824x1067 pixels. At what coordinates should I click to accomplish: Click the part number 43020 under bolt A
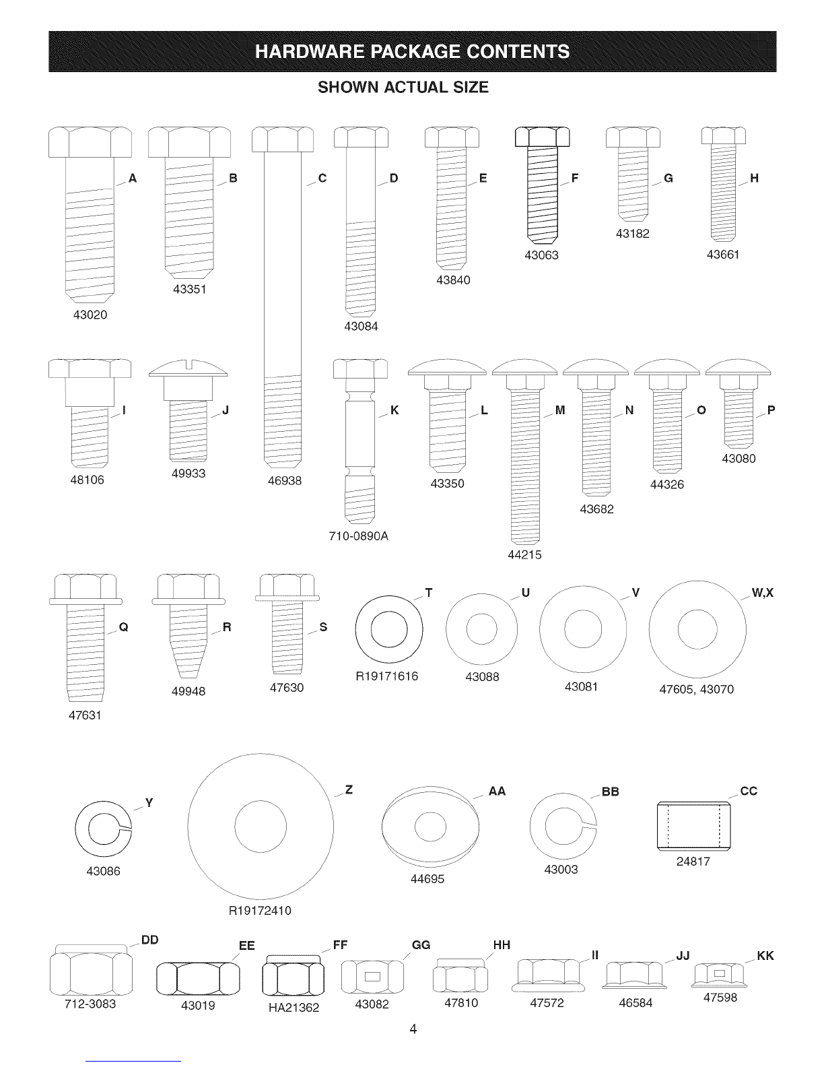90,315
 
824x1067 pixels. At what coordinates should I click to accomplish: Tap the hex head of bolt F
543,137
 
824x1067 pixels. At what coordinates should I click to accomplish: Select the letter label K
394,410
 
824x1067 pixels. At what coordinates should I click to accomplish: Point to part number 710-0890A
358,536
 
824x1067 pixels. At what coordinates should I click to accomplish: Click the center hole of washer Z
260,827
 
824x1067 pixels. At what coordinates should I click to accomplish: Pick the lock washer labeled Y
104,829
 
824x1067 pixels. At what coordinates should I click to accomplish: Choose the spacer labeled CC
693,826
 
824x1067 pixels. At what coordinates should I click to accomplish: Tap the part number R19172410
260,911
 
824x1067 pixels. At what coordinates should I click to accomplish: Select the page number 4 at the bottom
413,1029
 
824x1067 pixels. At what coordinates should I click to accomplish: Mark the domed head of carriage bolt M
524,368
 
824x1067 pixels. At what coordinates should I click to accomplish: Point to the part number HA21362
294,1008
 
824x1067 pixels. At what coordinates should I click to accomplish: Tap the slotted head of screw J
188,368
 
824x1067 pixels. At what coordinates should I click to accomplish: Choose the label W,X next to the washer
762,593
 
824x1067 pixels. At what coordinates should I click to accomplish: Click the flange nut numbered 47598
719,975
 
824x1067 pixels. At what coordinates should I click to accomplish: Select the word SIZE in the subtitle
471,88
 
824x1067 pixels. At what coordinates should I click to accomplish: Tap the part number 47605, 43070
696,689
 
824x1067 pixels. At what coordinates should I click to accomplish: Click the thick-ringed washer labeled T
388,629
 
